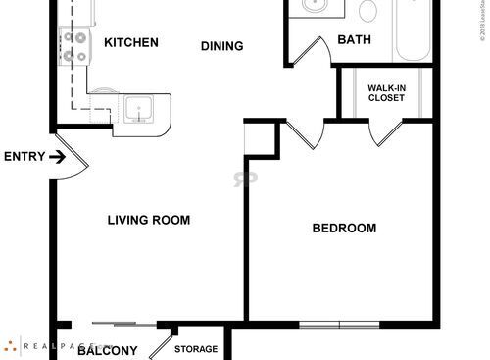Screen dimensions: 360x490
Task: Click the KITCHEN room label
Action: (131, 42)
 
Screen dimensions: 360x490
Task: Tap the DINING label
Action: (222, 46)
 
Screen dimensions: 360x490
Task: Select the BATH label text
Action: (353, 40)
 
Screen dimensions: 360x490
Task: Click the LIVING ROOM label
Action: (148, 220)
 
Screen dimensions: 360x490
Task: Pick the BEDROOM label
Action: (344, 229)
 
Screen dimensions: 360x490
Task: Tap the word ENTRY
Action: (24, 156)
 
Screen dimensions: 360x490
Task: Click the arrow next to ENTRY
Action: (58, 156)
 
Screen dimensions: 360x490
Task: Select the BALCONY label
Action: (108, 349)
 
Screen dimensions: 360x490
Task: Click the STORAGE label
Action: (196, 349)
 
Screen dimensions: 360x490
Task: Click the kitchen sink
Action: (137, 107)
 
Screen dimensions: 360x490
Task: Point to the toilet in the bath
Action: (367, 11)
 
